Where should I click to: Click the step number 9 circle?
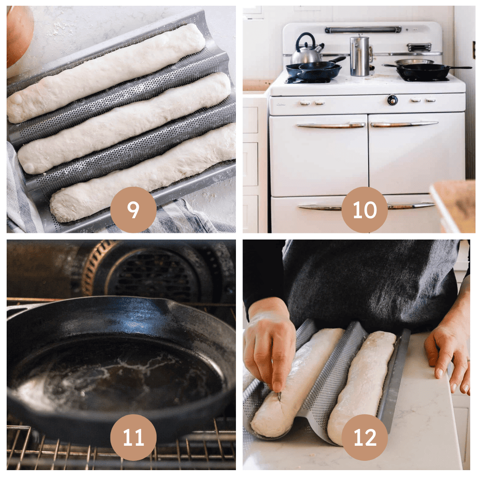(133, 210)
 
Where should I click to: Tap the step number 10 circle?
(365, 210)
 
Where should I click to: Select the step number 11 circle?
(133, 437)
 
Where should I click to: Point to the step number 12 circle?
(365, 437)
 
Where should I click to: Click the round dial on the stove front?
(392, 100)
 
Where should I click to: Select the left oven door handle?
(331, 125)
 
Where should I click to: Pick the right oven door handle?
(404, 124)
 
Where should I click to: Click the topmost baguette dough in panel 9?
(106, 73)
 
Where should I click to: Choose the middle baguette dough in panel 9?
(124, 123)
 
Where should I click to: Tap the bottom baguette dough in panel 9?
(142, 173)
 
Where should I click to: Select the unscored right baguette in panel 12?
(362, 386)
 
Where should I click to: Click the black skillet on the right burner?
(423, 71)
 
